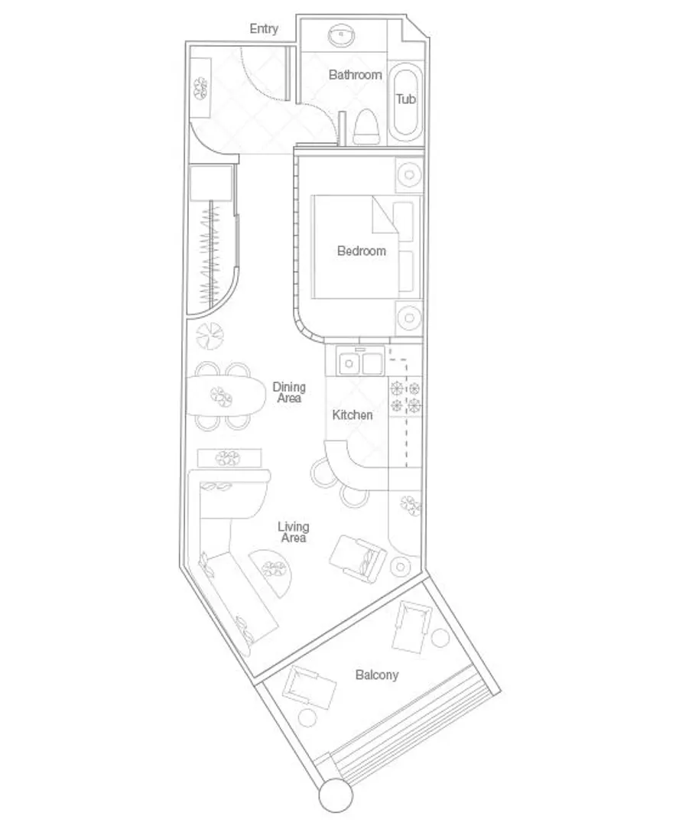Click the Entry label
point(264,29)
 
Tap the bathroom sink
point(341,35)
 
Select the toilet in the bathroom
point(366,126)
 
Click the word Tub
point(405,99)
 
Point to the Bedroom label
point(361,251)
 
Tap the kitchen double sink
point(361,363)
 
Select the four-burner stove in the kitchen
point(405,397)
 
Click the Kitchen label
point(352,415)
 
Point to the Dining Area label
point(289,392)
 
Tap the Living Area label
point(294,532)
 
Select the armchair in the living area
point(358,559)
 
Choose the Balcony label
point(376,675)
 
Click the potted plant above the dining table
point(210,336)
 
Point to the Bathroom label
point(355,75)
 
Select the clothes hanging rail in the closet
point(212,256)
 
